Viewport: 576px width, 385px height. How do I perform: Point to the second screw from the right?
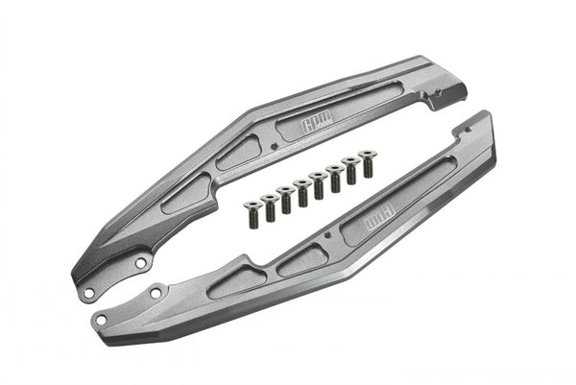[x=349, y=164]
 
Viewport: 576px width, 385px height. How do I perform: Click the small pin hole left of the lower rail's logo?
[x=327, y=234]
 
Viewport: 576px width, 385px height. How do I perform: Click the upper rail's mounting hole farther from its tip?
[x=139, y=261]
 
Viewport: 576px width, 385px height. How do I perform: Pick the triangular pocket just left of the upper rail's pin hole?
[x=238, y=153]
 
